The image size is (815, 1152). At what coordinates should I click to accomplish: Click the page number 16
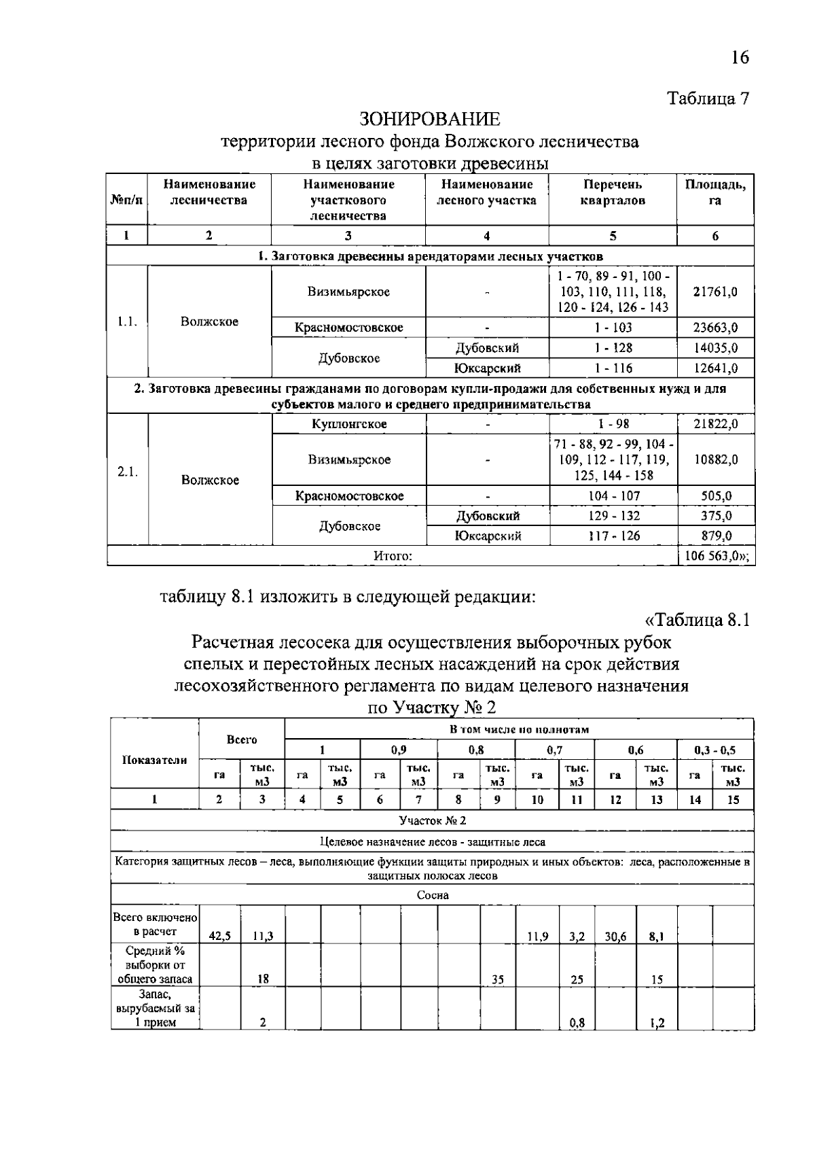[x=740, y=57]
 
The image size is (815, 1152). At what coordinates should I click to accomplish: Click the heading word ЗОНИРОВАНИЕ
[x=429, y=120]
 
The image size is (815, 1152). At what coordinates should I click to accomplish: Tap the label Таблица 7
[x=708, y=99]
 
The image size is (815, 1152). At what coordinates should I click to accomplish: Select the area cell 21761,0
[x=715, y=292]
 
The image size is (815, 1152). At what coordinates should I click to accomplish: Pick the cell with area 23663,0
[x=715, y=328]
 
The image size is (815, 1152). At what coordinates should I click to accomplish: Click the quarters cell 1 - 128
[x=613, y=348]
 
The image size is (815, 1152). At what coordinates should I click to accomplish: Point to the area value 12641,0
[x=715, y=368]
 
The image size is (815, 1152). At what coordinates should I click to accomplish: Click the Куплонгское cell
[x=349, y=424]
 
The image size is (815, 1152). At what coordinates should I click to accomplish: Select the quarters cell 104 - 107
[x=613, y=496]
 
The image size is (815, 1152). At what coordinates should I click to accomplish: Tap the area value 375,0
[x=716, y=516]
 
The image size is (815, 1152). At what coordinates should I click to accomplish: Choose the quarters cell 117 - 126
[x=613, y=536]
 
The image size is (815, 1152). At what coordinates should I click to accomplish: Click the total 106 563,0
[x=716, y=556]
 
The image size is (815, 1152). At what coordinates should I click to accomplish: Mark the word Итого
[x=393, y=556]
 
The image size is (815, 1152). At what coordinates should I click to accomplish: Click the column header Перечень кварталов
[x=613, y=192]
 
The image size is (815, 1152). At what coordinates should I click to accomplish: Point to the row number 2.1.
[x=127, y=472]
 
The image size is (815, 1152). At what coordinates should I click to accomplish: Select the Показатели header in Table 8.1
[x=155, y=760]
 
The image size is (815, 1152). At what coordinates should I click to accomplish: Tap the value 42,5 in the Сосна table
[x=219, y=936]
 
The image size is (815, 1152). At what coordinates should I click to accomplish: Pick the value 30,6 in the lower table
[x=615, y=936]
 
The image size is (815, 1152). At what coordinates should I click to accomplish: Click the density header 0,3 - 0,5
[x=714, y=750]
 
